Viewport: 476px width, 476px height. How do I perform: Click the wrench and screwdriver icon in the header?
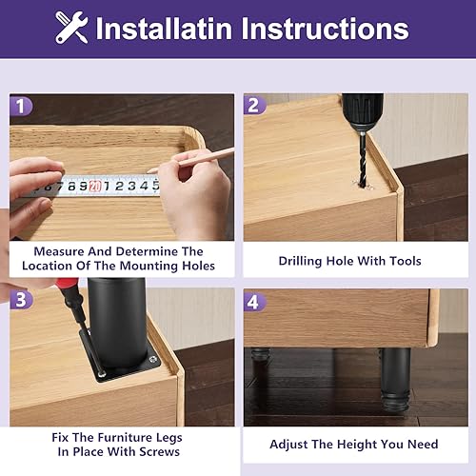[x=70, y=28]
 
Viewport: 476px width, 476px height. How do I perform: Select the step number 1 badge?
[x=22, y=106]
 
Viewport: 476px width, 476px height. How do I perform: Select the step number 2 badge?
[x=255, y=106]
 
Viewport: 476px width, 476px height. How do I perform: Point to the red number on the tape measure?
[x=94, y=187]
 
